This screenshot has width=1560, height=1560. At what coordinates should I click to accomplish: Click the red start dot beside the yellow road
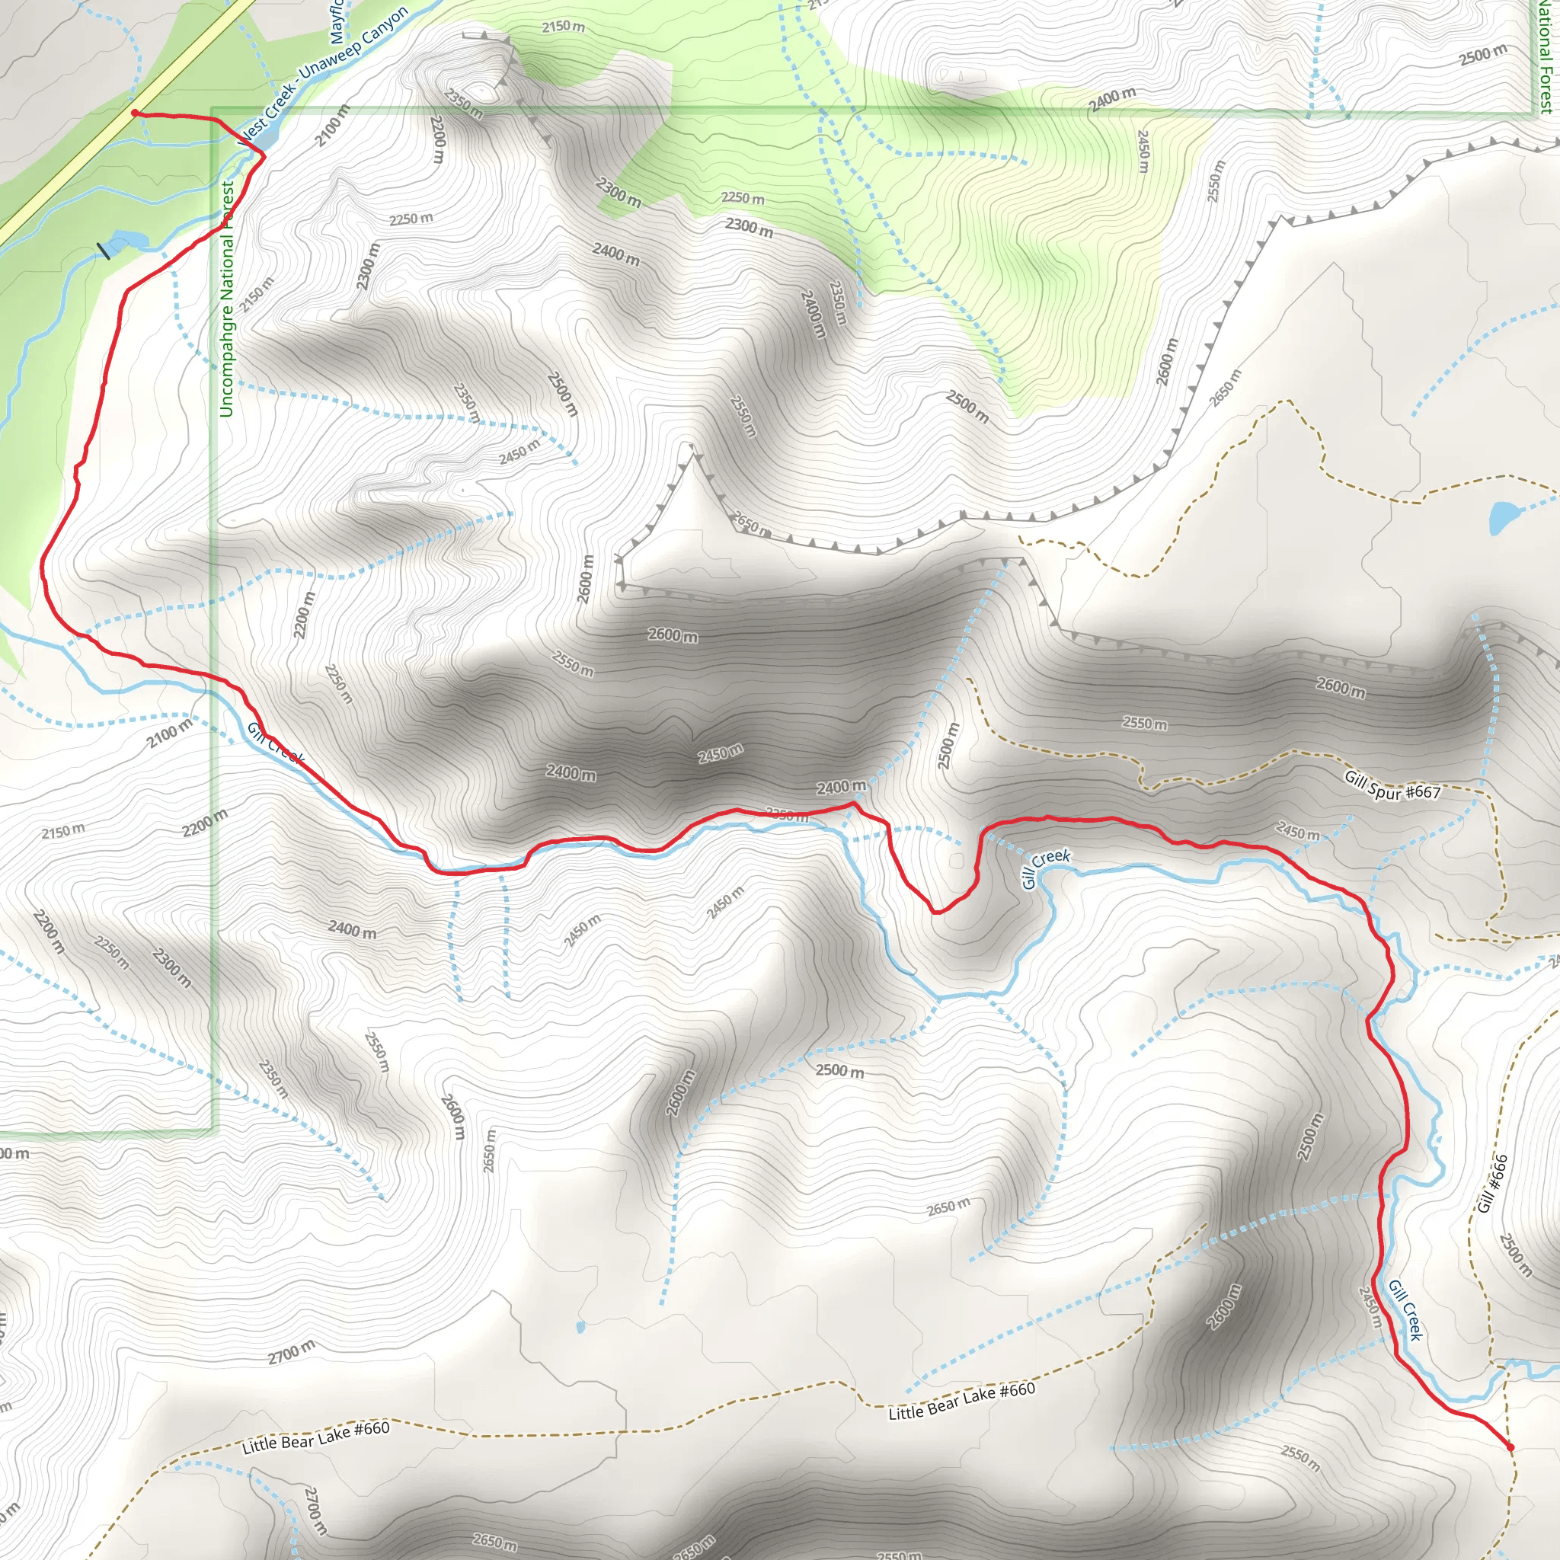135,113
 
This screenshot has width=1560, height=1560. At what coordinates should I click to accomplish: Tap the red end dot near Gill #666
1510,1448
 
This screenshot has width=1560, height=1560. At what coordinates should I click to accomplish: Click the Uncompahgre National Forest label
227,299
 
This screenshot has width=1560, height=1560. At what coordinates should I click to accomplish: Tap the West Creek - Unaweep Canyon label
323,77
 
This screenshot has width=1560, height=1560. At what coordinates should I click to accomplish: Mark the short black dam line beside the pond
104,251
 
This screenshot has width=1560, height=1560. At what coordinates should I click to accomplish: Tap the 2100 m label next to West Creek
332,126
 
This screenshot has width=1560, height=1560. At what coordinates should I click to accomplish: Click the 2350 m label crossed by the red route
786,816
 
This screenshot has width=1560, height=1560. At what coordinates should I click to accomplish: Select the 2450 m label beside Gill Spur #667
1297,831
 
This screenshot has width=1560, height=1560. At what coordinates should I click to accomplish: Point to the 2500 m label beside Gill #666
1516,1255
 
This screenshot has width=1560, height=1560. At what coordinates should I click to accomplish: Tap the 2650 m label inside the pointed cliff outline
750,525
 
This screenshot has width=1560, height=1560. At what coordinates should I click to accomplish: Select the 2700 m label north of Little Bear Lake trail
292,1351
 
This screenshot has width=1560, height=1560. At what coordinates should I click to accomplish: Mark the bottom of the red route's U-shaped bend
937,913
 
